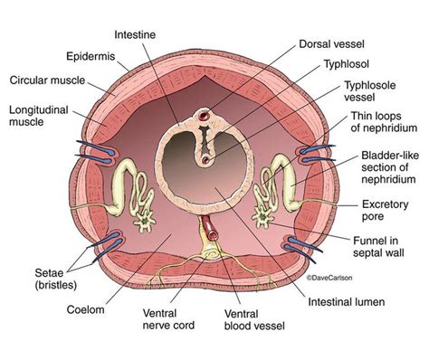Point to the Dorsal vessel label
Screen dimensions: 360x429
pos(335,41)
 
